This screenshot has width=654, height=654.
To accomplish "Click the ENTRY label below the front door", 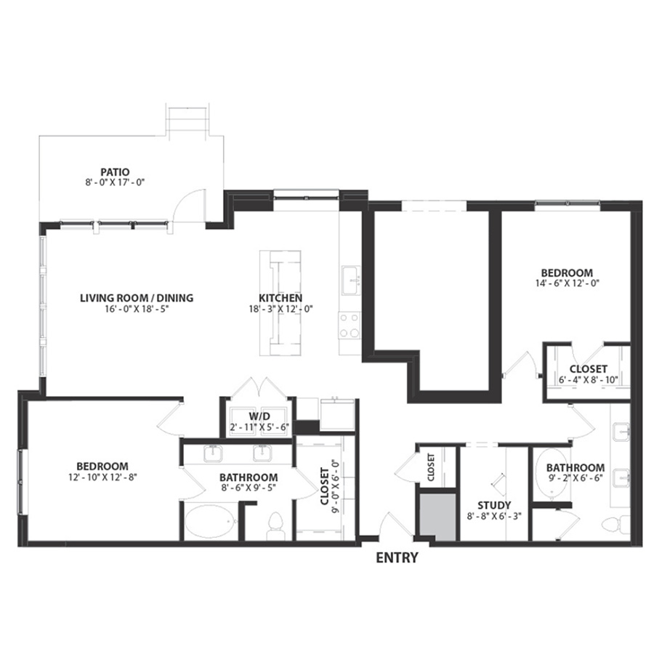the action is [397, 557].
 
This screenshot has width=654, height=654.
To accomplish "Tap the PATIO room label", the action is [115, 171].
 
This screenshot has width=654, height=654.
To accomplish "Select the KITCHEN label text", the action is [280, 298].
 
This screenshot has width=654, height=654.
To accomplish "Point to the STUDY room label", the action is [494, 506].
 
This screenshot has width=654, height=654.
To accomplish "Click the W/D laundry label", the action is [259, 416].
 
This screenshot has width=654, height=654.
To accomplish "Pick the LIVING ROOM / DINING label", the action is [137, 298].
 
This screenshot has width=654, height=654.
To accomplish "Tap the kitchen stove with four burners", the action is [350, 326].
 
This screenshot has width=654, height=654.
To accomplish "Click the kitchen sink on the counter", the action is [351, 280].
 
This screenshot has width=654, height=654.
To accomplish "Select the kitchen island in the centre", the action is [280, 303].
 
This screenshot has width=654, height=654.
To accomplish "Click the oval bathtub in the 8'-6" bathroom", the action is [211, 522].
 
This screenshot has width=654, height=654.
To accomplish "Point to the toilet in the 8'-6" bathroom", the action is [275, 526].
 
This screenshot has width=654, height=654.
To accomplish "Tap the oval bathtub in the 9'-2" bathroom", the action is [552, 475].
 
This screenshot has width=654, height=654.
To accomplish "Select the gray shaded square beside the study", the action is [437, 517].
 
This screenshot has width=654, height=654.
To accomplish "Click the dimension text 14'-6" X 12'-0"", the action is [568, 283].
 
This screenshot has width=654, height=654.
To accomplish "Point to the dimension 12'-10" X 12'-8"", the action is [102, 477].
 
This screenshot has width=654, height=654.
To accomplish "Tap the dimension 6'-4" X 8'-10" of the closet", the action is [588, 380].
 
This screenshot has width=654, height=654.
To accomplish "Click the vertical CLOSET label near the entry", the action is [431, 467].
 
